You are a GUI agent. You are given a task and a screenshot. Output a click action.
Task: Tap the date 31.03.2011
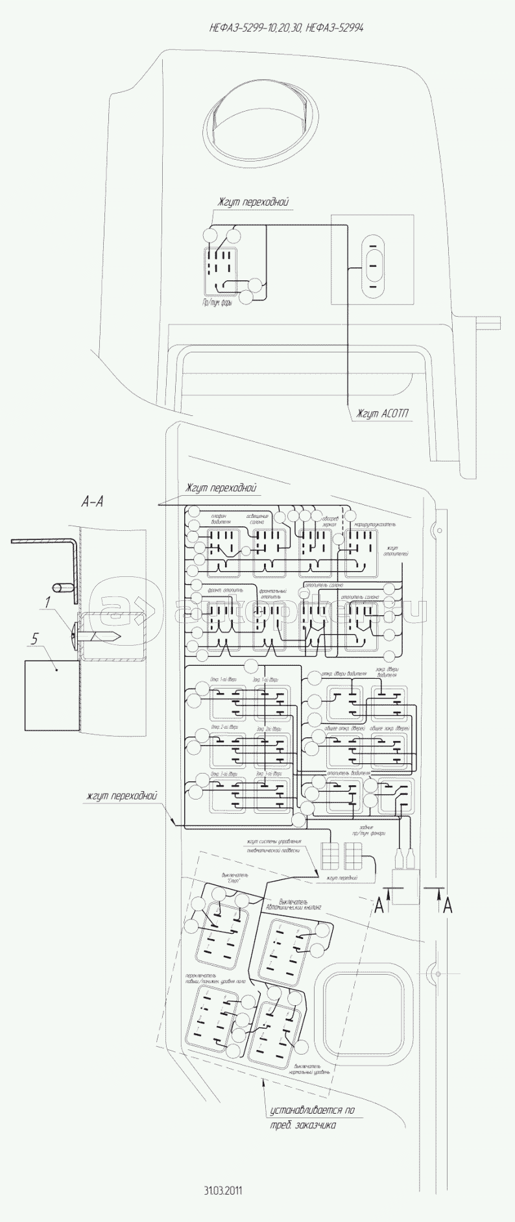[222, 1190]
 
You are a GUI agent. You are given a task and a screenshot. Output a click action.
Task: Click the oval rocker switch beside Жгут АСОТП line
[372, 265]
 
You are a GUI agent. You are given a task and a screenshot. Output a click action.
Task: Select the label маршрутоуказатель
[374, 524]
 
